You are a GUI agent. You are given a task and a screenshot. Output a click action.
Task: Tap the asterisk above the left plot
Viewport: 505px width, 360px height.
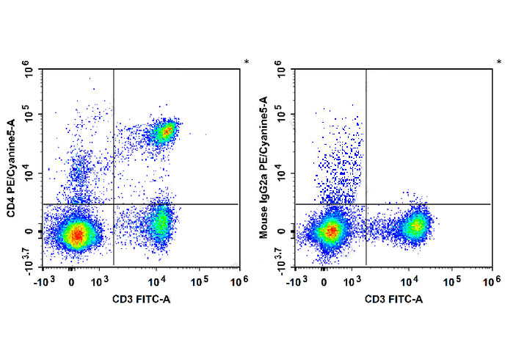point(246,62)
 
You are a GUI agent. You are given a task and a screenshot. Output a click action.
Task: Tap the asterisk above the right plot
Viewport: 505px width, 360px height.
point(498,62)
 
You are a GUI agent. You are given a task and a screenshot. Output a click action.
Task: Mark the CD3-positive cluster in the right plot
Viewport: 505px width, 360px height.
point(416,226)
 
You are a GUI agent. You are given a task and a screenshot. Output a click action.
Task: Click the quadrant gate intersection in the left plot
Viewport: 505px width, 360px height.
point(114,204)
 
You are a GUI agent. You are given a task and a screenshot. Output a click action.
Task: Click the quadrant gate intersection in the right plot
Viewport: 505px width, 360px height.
point(366,204)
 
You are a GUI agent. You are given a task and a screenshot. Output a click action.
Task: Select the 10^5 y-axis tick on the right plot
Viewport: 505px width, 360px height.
point(283,115)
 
